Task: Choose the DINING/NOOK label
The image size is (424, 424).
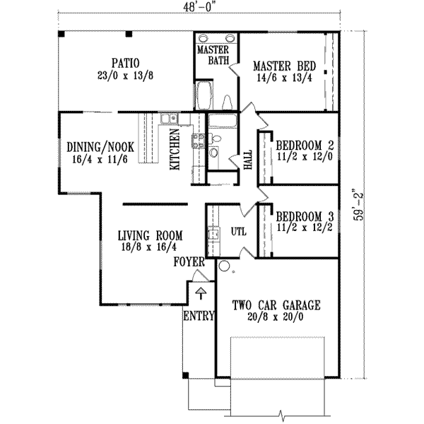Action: (x=100, y=147)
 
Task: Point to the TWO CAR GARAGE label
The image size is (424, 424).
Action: (x=276, y=306)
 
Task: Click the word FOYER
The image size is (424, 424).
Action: (x=189, y=262)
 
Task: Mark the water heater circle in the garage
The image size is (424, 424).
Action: (x=224, y=267)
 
